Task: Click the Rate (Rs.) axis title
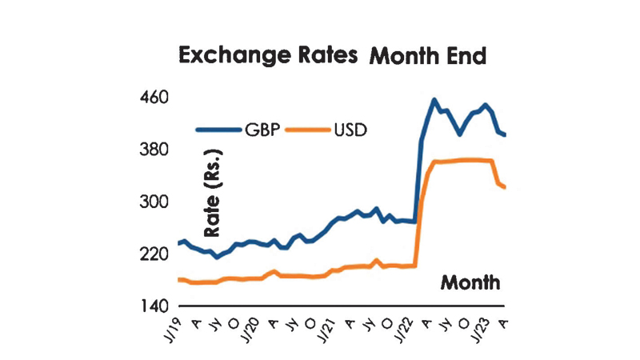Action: pos(213,192)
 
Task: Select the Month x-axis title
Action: pos(471,282)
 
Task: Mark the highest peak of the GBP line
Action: pos(434,100)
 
